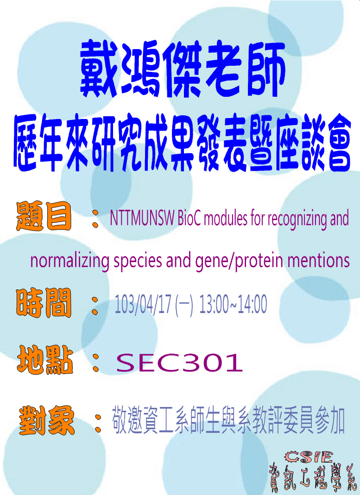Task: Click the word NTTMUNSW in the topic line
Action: (142, 218)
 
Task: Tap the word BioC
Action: (189, 218)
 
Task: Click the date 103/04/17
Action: (142, 304)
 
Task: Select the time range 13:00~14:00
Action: (233, 304)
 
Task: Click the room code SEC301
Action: (179, 363)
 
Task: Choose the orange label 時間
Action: (44, 303)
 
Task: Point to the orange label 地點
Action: (45, 360)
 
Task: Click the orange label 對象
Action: (46, 420)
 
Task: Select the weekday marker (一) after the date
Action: (184, 304)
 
